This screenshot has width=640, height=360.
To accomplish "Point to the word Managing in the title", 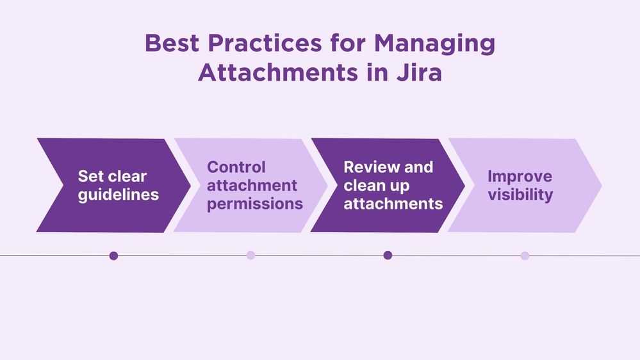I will click(x=435, y=43).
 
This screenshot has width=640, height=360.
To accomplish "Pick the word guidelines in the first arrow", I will click(x=119, y=195).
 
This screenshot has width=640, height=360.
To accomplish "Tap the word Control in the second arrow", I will click(x=236, y=167).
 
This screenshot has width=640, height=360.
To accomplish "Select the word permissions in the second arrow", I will click(x=255, y=204).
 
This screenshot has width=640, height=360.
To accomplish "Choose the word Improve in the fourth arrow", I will click(x=520, y=176).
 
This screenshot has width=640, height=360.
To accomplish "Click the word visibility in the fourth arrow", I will click(x=520, y=195).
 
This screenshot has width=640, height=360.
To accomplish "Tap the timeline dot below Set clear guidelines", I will click(x=114, y=256).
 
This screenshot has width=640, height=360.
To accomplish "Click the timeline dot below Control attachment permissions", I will click(x=251, y=256).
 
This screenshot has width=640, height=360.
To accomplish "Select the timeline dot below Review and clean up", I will click(x=388, y=256).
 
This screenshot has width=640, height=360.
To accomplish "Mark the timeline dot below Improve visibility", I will click(x=525, y=256).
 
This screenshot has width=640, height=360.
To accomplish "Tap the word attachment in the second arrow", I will click(x=252, y=186).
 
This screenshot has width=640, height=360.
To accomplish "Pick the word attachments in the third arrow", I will click(x=393, y=204).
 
